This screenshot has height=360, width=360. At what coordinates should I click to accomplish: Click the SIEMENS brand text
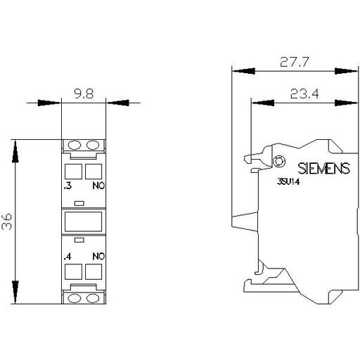(323, 168)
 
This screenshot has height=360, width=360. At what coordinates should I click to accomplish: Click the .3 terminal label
(67, 188)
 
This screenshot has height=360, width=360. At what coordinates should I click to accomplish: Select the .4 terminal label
(67, 256)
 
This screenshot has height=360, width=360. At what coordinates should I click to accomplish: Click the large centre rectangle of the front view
(84, 222)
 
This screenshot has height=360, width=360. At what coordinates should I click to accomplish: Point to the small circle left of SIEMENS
(278, 162)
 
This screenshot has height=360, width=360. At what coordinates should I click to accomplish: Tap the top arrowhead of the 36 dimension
(14, 148)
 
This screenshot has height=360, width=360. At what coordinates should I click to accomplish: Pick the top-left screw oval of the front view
(75, 146)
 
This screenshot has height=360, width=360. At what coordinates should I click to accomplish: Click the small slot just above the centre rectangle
(84, 204)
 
